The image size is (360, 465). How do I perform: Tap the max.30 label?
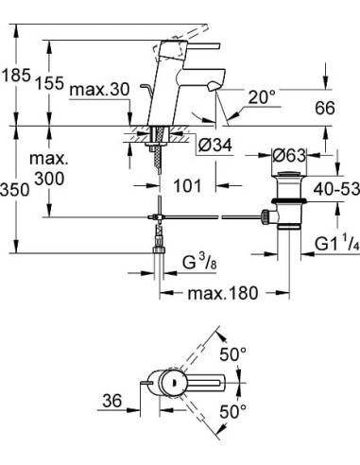98,90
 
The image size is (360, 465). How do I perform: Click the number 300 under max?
52,179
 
